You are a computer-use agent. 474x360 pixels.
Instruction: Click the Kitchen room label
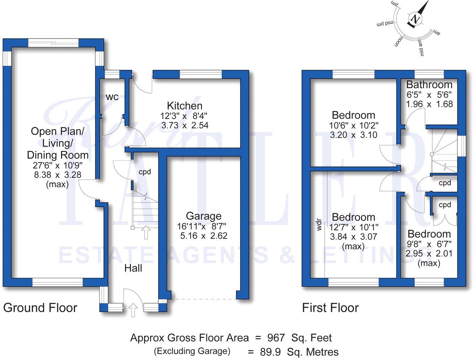184,106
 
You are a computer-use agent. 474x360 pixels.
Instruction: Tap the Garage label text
203,216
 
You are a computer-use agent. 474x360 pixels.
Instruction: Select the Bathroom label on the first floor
429,84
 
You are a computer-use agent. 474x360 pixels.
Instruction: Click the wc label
112,97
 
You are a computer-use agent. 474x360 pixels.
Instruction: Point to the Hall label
133,268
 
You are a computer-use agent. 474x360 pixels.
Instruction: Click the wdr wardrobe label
319,225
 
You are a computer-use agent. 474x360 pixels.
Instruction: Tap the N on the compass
415,19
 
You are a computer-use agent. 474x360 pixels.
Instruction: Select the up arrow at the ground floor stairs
146,232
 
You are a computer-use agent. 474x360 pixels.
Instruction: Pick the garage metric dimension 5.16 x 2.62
204,236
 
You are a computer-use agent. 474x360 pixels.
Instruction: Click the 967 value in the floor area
276,338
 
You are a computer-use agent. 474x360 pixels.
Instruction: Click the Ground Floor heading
40,307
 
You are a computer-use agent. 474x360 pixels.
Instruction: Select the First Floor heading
330,307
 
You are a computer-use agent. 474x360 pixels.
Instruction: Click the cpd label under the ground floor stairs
144,172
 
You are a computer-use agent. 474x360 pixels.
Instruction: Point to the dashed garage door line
203,299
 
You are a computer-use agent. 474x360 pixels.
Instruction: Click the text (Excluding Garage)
192,351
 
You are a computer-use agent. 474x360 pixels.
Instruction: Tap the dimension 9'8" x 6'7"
429,244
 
